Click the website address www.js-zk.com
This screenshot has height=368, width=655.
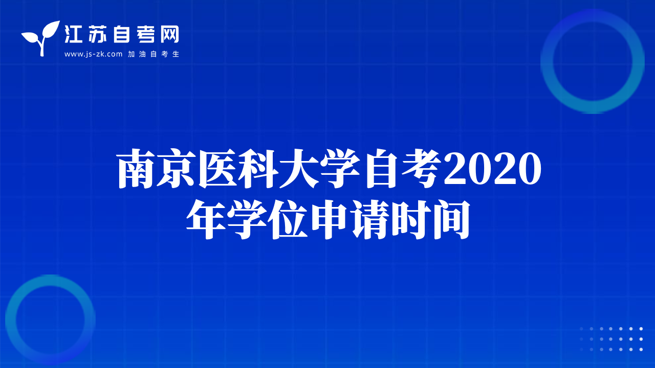pyautogui.click(x=93, y=54)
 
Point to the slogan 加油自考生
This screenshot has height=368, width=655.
pyautogui.click(x=154, y=54)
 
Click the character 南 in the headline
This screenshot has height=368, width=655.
pyautogui.click(x=137, y=168)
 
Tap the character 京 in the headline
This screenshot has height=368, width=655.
pyautogui.click(x=177, y=168)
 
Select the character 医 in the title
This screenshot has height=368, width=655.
pyautogui.click(x=217, y=168)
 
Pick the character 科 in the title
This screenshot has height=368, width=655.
pyautogui.click(x=258, y=168)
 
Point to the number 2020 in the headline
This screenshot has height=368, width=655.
pyautogui.click(x=492, y=169)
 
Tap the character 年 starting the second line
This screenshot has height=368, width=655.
pyautogui.click(x=206, y=219)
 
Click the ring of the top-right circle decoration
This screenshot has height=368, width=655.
pyautogui.click(x=547, y=61)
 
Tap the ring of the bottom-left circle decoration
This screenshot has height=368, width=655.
pyautogui.click(x=11, y=320)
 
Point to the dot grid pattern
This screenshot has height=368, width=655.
pyautogui.click(x=611, y=339)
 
